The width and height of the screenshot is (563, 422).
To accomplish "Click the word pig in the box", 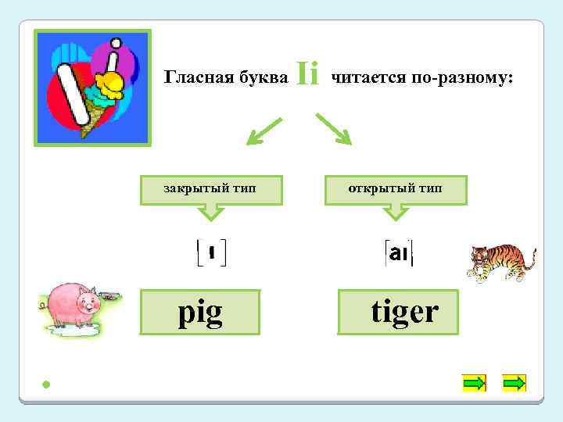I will (x=200, y=313).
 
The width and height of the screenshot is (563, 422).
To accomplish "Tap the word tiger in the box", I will (x=404, y=312).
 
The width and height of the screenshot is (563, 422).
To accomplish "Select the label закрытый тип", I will (x=210, y=188).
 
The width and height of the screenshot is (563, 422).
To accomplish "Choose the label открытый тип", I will (x=396, y=188).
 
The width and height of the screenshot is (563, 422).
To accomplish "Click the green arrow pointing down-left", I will (x=264, y=131).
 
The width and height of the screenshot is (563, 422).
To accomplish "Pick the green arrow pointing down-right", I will (x=334, y=129).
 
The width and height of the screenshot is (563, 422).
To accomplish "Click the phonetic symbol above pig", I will (x=211, y=252).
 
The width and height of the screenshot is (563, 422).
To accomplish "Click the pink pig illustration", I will (x=74, y=307).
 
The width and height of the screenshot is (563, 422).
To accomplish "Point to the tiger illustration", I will (x=499, y=261).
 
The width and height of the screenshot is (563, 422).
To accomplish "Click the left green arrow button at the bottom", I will (x=474, y=383).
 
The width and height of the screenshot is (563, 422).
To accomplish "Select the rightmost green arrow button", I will (x=514, y=383).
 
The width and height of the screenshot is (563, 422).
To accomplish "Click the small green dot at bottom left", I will (x=47, y=384).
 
